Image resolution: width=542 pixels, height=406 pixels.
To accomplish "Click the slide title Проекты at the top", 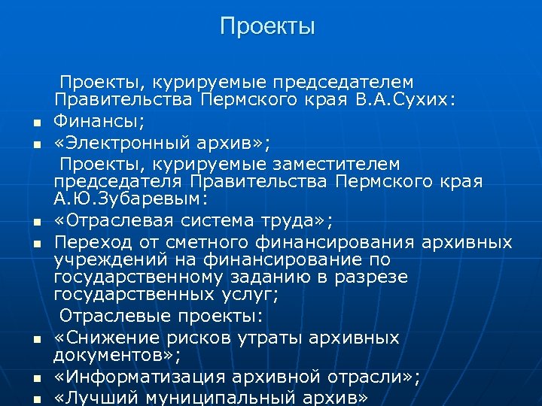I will [x=267, y=28].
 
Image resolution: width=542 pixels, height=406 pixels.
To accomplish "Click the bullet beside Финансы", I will [x=35, y=123].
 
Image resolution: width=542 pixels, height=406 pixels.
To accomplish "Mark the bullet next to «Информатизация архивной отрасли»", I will [x=35, y=380].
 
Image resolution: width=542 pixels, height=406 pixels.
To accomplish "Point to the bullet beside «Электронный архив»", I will [x=35, y=144].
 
